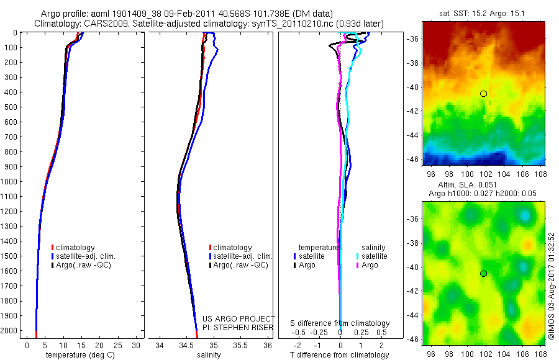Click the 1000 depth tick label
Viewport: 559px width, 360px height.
click(9, 181)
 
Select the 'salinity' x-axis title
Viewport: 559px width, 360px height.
click(211, 355)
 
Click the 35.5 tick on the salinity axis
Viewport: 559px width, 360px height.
click(240, 344)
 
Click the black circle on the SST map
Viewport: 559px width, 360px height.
click(484, 94)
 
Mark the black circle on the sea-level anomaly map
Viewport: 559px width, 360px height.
click(484, 274)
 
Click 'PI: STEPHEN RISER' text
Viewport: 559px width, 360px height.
click(239, 326)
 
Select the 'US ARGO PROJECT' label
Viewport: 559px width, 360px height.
click(239, 318)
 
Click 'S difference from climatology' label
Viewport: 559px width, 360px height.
click(340, 323)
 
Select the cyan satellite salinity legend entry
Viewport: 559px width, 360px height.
click(371, 256)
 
